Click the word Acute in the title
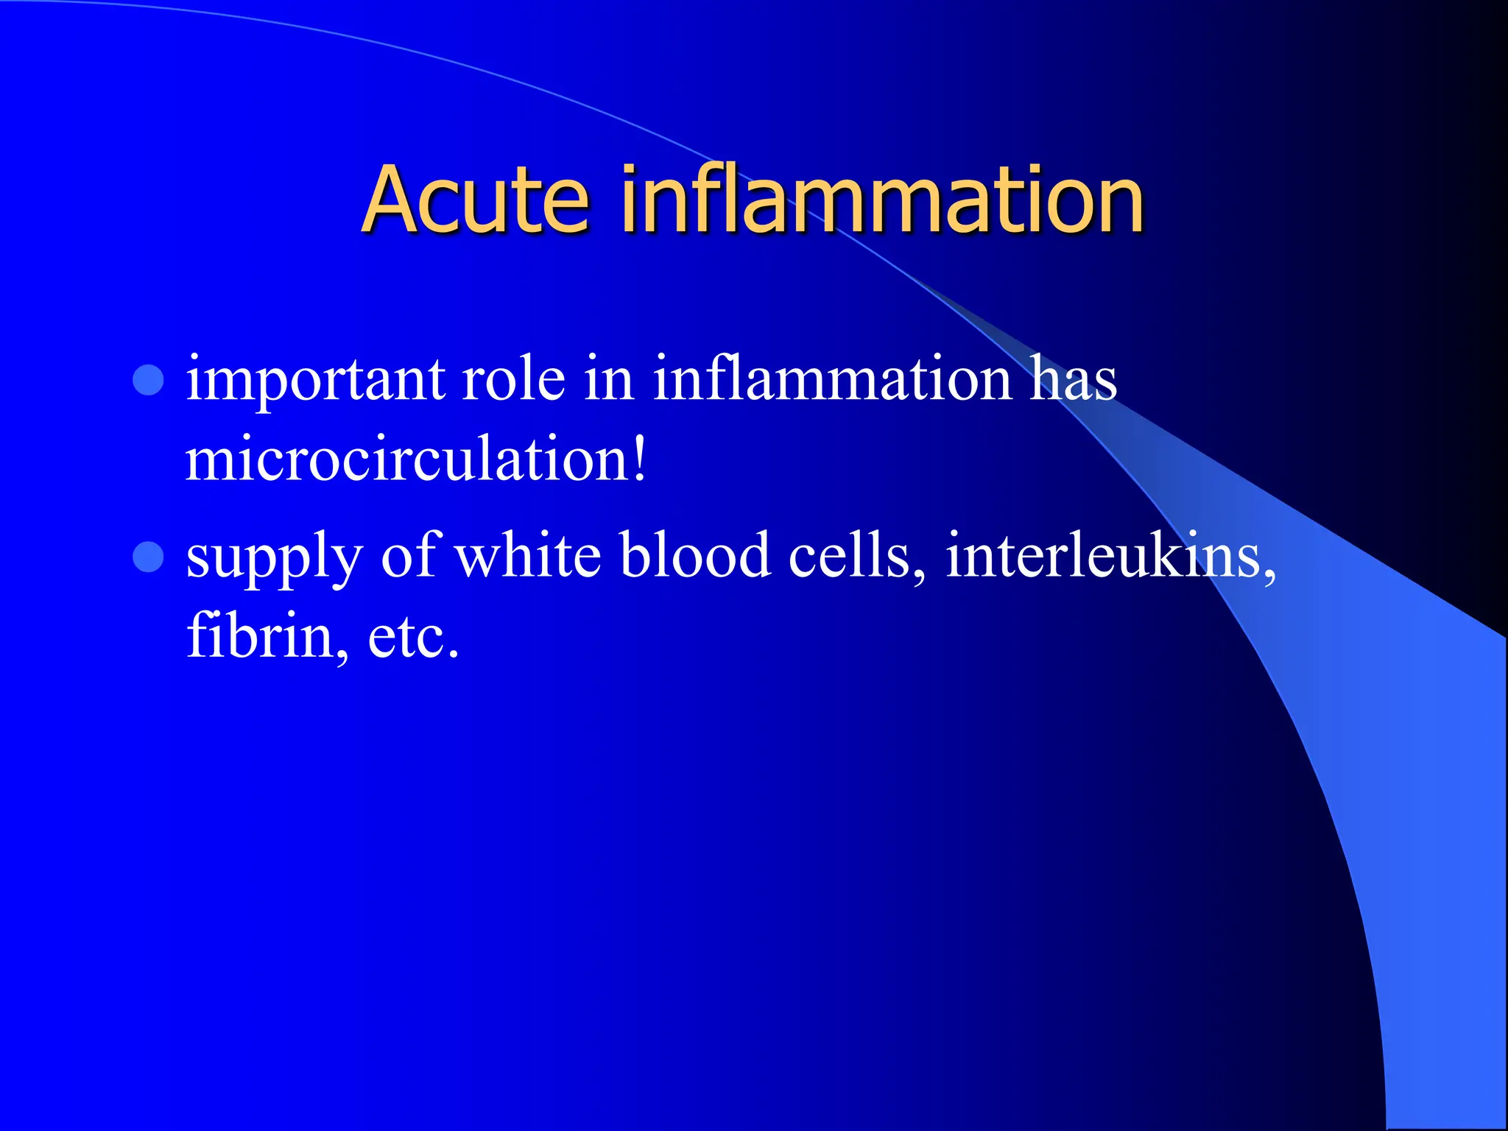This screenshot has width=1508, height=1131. [x=476, y=200]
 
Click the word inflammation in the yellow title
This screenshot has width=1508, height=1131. [x=882, y=200]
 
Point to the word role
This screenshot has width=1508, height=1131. [x=513, y=380]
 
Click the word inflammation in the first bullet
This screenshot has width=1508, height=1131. [x=832, y=380]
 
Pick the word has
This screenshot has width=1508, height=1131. [x=1073, y=380]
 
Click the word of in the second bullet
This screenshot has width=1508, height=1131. [x=410, y=555]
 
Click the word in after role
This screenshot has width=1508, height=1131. [x=609, y=380]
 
